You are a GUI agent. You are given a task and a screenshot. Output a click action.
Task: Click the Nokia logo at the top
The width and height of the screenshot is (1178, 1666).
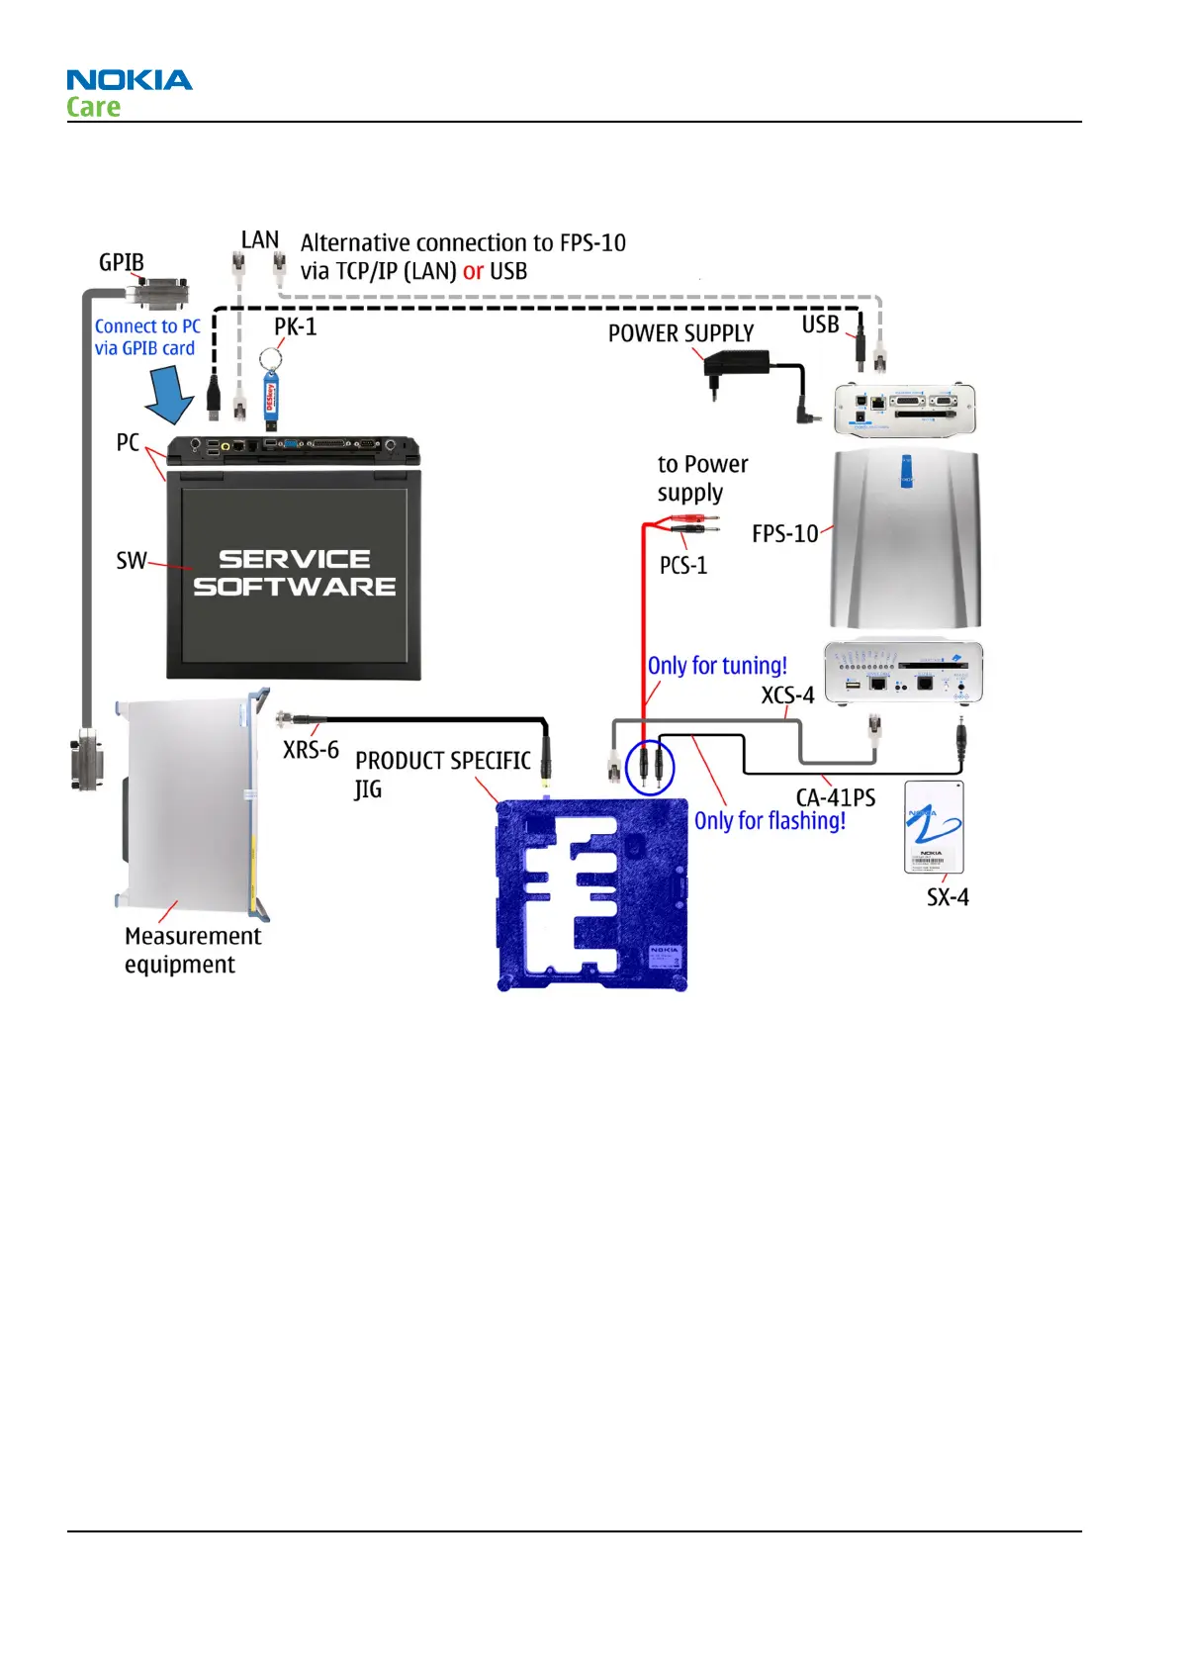(x=129, y=80)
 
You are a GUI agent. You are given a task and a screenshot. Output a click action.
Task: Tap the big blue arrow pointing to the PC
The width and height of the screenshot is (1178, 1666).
(x=170, y=394)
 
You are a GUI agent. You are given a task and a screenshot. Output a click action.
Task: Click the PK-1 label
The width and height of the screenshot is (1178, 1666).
(x=295, y=327)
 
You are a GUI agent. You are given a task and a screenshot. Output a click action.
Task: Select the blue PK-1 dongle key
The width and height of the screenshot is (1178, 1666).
(x=270, y=397)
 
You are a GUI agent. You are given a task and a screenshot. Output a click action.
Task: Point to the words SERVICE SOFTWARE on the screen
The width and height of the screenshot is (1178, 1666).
(x=295, y=573)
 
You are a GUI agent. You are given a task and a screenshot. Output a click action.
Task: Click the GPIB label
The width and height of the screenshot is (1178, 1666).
(x=122, y=262)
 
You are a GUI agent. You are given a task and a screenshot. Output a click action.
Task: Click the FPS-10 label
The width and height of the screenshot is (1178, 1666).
(x=784, y=534)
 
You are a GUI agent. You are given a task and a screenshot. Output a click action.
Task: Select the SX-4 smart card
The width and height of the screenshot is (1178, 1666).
(x=934, y=827)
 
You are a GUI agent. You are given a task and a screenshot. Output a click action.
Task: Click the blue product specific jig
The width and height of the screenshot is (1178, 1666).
(x=591, y=894)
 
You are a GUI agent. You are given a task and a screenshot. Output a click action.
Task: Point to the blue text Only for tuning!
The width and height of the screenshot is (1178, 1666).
(x=717, y=666)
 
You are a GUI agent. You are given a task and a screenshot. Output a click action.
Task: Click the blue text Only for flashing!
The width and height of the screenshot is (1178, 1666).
(x=770, y=821)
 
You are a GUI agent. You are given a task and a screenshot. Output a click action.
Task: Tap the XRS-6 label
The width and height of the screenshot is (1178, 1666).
(x=311, y=750)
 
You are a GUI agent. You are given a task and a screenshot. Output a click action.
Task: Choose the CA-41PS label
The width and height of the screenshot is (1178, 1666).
(x=836, y=797)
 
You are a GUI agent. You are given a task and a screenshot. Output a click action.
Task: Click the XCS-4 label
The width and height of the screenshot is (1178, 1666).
(x=787, y=695)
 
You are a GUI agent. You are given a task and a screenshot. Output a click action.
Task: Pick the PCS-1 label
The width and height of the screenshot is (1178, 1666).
(x=683, y=566)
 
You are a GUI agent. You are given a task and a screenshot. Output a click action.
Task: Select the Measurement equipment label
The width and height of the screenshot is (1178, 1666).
(x=192, y=950)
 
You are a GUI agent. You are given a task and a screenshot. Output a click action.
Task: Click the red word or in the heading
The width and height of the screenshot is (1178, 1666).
(x=473, y=271)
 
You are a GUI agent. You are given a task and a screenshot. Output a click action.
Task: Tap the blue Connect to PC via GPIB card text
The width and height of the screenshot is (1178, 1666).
(x=147, y=337)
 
